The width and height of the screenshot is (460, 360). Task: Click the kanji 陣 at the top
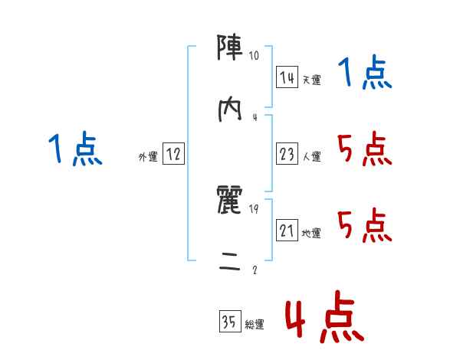pos(231,49)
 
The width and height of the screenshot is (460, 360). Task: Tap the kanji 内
pos(231,109)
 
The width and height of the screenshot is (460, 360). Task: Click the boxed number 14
pos(287,77)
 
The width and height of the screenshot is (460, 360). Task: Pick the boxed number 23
pos(287,155)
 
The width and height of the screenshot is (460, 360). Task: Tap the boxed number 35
pos(229,323)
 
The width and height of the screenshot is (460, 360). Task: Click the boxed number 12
pos(173,155)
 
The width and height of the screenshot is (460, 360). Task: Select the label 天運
pos(311,80)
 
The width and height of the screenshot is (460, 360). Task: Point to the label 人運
pos(311,157)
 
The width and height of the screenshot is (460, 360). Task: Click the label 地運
pos(311,234)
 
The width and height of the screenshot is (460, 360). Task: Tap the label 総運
pos(255,325)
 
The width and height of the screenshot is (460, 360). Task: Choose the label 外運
pos(148,157)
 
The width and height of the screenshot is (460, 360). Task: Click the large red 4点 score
pos(322,318)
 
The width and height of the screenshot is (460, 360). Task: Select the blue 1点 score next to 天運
pos(365,74)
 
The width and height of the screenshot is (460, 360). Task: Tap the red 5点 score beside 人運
pos(365,149)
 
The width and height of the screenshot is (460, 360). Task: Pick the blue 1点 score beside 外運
pos(75,149)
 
